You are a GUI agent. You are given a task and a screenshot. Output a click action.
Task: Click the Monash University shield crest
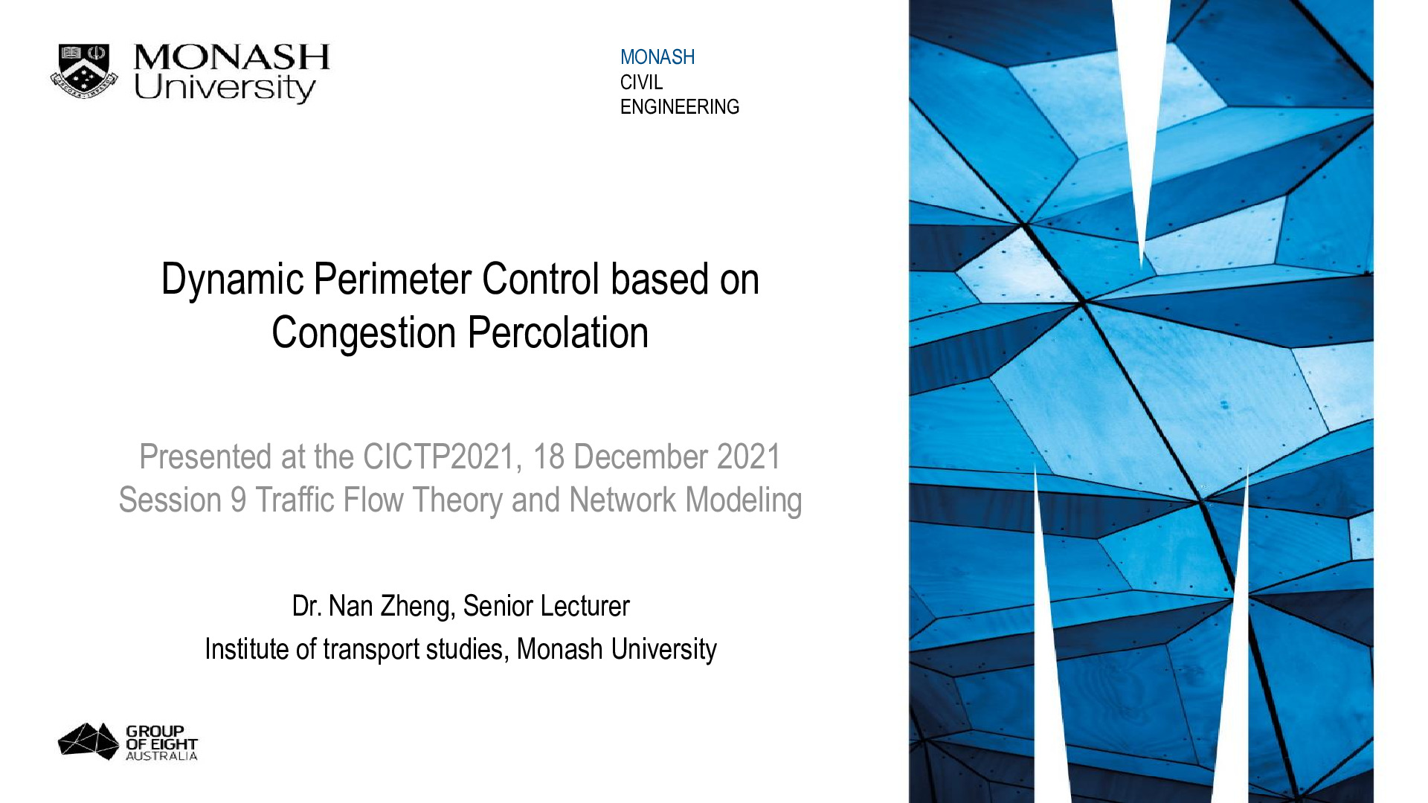(x=84, y=71)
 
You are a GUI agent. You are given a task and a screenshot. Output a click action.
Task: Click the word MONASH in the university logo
(x=231, y=57)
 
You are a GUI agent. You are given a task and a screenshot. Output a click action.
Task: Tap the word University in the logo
(x=225, y=88)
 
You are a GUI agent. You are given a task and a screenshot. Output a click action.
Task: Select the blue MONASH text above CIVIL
(x=657, y=57)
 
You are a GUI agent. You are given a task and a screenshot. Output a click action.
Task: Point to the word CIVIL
(x=641, y=83)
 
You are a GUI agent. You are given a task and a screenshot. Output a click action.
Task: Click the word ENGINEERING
(x=680, y=107)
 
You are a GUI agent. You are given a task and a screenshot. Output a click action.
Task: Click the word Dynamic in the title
(x=233, y=280)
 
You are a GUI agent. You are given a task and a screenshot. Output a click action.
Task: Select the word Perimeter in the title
(x=393, y=279)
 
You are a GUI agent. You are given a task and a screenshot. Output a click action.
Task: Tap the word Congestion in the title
(x=364, y=334)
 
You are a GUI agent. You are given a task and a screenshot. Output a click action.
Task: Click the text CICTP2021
(x=439, y=457)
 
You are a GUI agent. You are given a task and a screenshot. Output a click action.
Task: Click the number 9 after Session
(x=238, y=500)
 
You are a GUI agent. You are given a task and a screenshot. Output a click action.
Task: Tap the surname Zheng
(x=417, y=607)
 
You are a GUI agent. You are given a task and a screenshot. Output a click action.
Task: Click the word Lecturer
(x=583, y=607)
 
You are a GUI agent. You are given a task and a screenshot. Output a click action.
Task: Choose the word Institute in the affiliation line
(x=246, y=649)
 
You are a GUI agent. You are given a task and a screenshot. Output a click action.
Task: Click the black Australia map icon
(x=89, y=741)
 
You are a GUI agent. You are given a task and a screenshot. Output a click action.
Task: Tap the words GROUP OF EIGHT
(x=161, y=738)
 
